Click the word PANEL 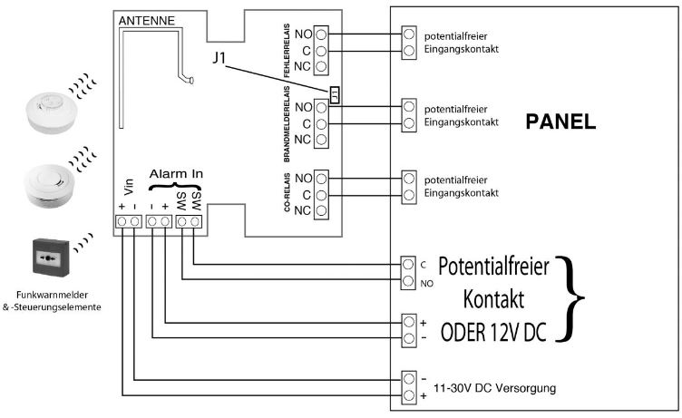(x=560, y=123)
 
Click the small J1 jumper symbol (x=335, y=95)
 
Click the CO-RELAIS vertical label (x=287, y=194)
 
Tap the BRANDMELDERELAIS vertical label (x=287, y=122)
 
